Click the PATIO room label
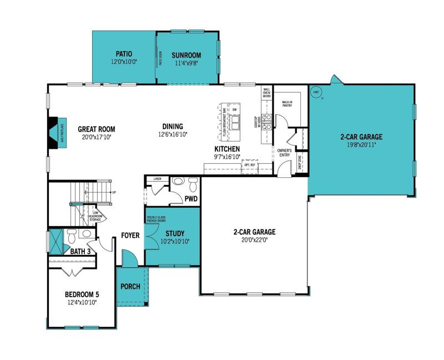coord(124,54)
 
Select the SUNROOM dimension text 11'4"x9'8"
coord(185,63)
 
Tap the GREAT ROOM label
coord(96,128)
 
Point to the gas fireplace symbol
coord(56,133)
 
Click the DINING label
coord(172,126)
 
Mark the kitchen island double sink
coord(236,122)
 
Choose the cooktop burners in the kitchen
coord(266,122)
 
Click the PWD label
coord(191,198)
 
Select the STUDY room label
coord(174,233)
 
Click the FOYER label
coord(130,236)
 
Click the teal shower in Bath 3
coord(56,241)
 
